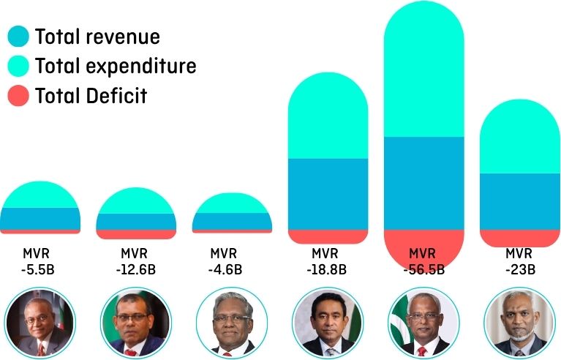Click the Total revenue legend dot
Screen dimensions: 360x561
pyautogui.click(x=18, y=37)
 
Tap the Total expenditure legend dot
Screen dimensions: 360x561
pyautogui.click(x=18, y=66)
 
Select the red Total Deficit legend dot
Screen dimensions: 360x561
pyautogui.click(x=18, y=95)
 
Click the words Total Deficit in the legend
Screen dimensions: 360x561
pyautogui.click(x=91, y=95)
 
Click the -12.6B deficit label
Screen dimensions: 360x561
pyautogui.click(x=136, y=261)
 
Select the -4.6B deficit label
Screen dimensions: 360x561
pyautogui.click(x=232, y=261)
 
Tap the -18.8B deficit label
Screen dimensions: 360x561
pyautogui.click(x=328, y=261)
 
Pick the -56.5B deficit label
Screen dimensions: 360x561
pyautogui.click(x=423, y=261)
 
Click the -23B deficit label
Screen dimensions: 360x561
pyautogui.click(x=519, y=261)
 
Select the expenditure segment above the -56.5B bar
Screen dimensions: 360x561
pyautogui.click(x=423, y=73)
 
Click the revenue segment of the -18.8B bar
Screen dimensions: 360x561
pyautogui.click(x=328, y=194)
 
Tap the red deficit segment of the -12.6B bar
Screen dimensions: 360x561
pyautogui.click(x=136, y=234)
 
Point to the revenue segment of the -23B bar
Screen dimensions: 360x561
pyautogui.click(x=519, y=201)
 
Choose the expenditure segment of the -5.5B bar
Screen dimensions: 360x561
pyautogui.click(x=39, y=195)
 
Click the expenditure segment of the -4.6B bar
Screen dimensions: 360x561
pyautogui.click(x=232, y=203)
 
